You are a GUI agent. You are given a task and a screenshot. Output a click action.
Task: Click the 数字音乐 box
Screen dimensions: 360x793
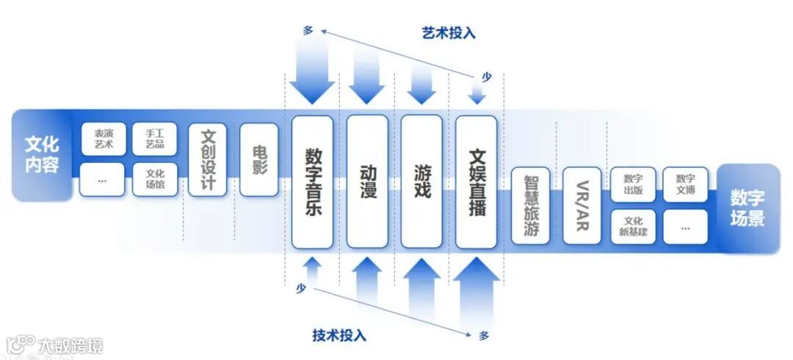(x=312, y=181)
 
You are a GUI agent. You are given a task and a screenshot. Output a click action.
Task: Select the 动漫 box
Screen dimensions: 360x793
(x=366, y=181)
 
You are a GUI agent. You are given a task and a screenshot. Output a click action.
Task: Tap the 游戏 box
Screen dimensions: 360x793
(x=421, y=181)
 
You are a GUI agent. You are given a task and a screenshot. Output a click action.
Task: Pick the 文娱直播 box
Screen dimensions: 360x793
(x=476, y=181)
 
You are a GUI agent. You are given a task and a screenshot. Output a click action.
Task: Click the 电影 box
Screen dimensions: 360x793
(x=258, y=159)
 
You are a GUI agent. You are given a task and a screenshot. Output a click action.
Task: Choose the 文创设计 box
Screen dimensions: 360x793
(x=207, y=159)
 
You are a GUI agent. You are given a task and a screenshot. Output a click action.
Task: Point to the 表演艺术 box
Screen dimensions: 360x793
(x=103, y=139)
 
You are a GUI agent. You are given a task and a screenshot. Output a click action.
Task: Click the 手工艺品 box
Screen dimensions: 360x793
(x=154, y=139)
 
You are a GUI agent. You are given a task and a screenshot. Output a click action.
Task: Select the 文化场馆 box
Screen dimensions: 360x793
(x=154, y=179)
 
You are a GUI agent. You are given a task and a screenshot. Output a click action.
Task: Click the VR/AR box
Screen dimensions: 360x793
(x=582, y=205)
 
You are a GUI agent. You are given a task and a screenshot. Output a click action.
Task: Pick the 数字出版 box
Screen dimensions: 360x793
(x=633, y=184)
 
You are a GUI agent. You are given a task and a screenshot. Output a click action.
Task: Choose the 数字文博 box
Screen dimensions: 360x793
(x=685, y=184)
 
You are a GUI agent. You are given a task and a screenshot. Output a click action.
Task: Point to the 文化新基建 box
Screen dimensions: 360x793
(x=633, y=226)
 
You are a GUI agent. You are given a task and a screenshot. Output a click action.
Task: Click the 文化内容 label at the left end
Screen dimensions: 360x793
(x=42, y=154)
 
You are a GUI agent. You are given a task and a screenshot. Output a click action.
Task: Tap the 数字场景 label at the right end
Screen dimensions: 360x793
(x=747, y=208)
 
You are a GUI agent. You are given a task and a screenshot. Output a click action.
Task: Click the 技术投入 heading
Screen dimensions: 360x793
(x=339, y=336)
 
